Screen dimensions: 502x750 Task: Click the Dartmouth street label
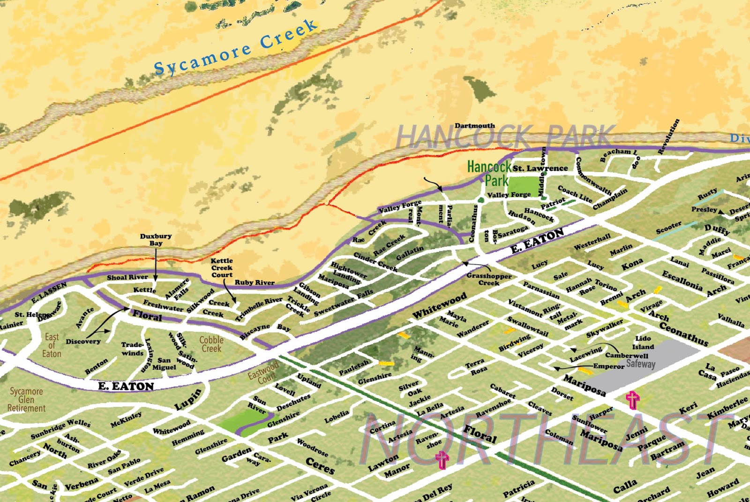point(474,126)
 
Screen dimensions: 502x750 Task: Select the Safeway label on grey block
point(640,364)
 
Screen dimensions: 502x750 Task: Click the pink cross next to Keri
point(632,400)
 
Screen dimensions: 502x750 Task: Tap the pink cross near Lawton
point(442,460)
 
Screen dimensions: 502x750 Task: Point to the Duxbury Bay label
point(156,240)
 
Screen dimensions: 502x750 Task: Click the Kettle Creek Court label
point(222,268)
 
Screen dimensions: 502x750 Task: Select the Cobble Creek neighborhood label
point(211,344)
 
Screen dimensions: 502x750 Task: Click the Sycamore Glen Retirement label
point(27,400)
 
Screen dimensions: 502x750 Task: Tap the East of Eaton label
point(52,345)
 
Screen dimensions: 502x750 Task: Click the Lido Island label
point(643,342)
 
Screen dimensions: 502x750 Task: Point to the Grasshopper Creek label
point(489,279)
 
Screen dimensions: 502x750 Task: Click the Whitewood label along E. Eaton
point(439,305)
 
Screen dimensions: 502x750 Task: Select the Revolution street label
point(669,137)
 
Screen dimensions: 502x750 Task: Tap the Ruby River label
point(255,282)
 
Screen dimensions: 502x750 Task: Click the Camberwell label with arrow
point(626,355)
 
